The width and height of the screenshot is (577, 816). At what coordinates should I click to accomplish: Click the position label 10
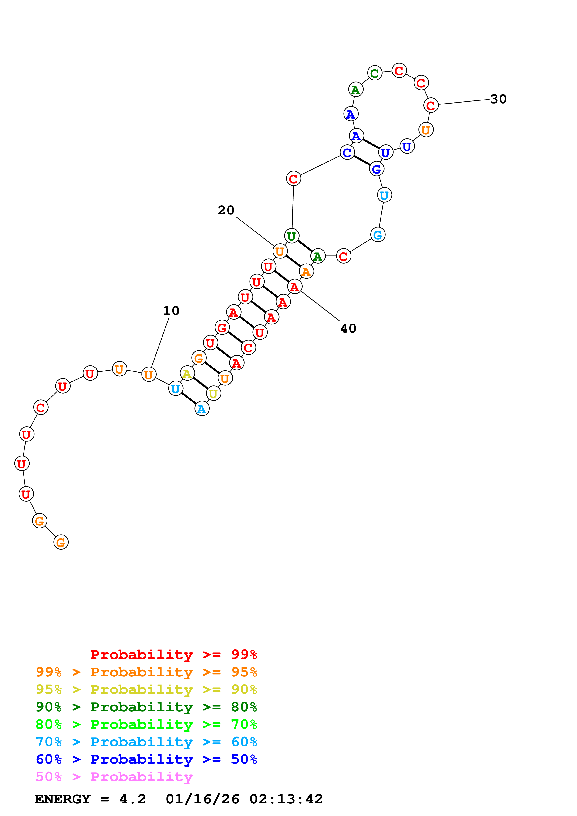[x=171, y=311]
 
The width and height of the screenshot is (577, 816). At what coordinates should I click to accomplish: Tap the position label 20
[x=226, y=211]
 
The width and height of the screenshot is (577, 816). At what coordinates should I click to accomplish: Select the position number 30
[x=498, y=99]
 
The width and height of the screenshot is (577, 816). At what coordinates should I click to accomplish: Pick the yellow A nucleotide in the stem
[x=187, y=374]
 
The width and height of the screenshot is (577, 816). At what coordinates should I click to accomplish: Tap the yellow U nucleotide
[x=213, y=393]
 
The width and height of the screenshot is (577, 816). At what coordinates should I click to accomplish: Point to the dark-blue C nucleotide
[x=347, y=152]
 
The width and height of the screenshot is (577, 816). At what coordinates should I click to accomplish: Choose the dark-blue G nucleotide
[x=377, y=169]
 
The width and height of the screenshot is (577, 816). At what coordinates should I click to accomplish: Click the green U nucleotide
[x=291, y=236]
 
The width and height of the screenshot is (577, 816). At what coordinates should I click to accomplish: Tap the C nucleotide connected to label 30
[x=431, y=105]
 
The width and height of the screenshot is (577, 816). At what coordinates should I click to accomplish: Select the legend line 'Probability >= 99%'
[x=173, y=654]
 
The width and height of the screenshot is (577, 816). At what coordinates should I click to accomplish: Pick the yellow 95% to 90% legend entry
[x=146, y=689]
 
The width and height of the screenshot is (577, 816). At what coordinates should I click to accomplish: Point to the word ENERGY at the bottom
[x=63, y=799]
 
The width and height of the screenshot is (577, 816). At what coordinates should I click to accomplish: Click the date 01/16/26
[x=203, y=799]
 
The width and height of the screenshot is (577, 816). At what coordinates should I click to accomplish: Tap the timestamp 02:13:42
[x=286, y=799]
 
